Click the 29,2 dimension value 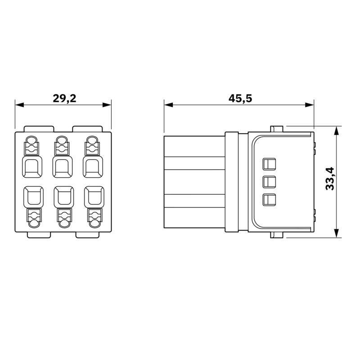[x=64, y=99]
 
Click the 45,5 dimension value [x=240, y=99]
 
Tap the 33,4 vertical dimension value [x=330, y=179]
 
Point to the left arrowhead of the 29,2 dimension [x=19, y=105]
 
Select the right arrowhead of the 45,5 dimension [x=309, y=105]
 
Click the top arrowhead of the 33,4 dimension [x=336, y=130]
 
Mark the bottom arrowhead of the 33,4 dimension [x=336, y=233]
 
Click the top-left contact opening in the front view [x=32, y=167]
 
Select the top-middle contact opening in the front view [x=63, y=167]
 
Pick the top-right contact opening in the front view [x=93, y=167]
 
